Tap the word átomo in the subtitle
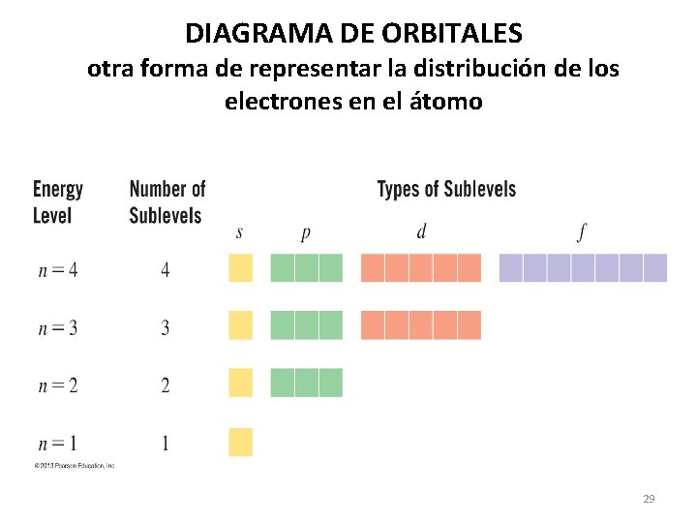click(x=445, y=101)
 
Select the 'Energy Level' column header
click(x=58, y=201)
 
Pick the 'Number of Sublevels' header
click(x=167, y=201)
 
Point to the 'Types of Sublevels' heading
click(x=446, y=189)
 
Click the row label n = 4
click(x=58, y=269)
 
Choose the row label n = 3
click(x=58, y=327)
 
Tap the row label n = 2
click(x=58, y=385)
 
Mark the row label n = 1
click(x=58, y=444)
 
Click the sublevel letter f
click(x=582, y=232)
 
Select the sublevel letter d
click(x=421, y=232)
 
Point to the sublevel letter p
click(x=306, y=233)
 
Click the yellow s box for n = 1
click(x=240, y=442)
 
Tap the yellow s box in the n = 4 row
click(x=240, y=267)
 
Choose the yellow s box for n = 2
click(x=240, y=383)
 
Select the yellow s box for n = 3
click(x=240, y=324)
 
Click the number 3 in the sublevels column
click(x=165, y=327)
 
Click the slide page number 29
click(x=649, y=499)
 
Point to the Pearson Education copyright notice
click(x=75, y=466)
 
